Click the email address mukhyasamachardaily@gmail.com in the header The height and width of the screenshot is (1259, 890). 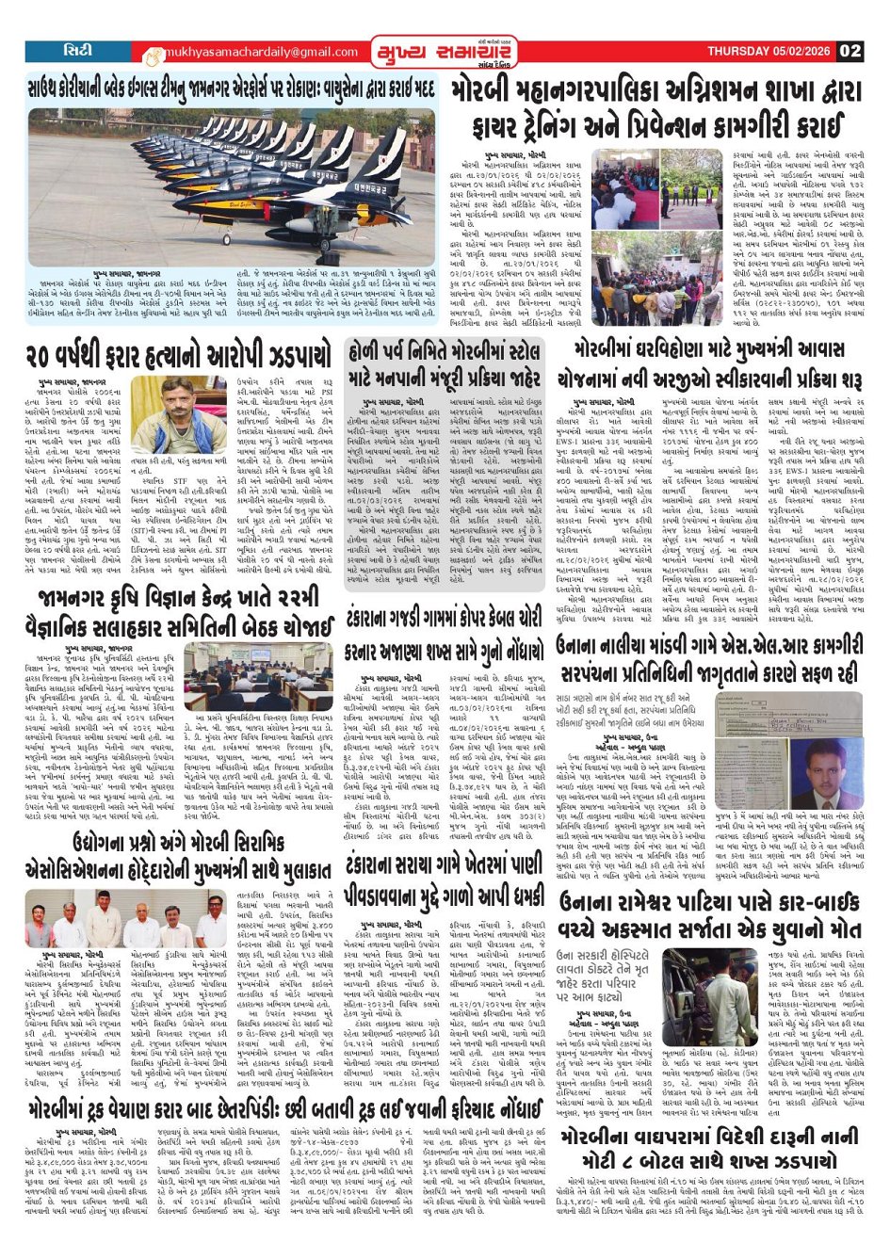(250, 52)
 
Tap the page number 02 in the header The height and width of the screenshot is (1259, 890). (850, 51)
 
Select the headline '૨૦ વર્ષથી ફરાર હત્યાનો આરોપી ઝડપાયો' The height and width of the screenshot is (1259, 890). (179, 357)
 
